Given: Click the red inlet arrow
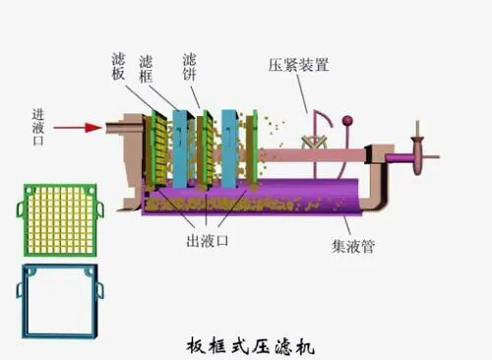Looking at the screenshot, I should click(77, 127).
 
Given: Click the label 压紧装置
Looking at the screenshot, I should click(299, 66).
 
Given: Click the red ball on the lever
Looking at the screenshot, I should click(346, 123).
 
